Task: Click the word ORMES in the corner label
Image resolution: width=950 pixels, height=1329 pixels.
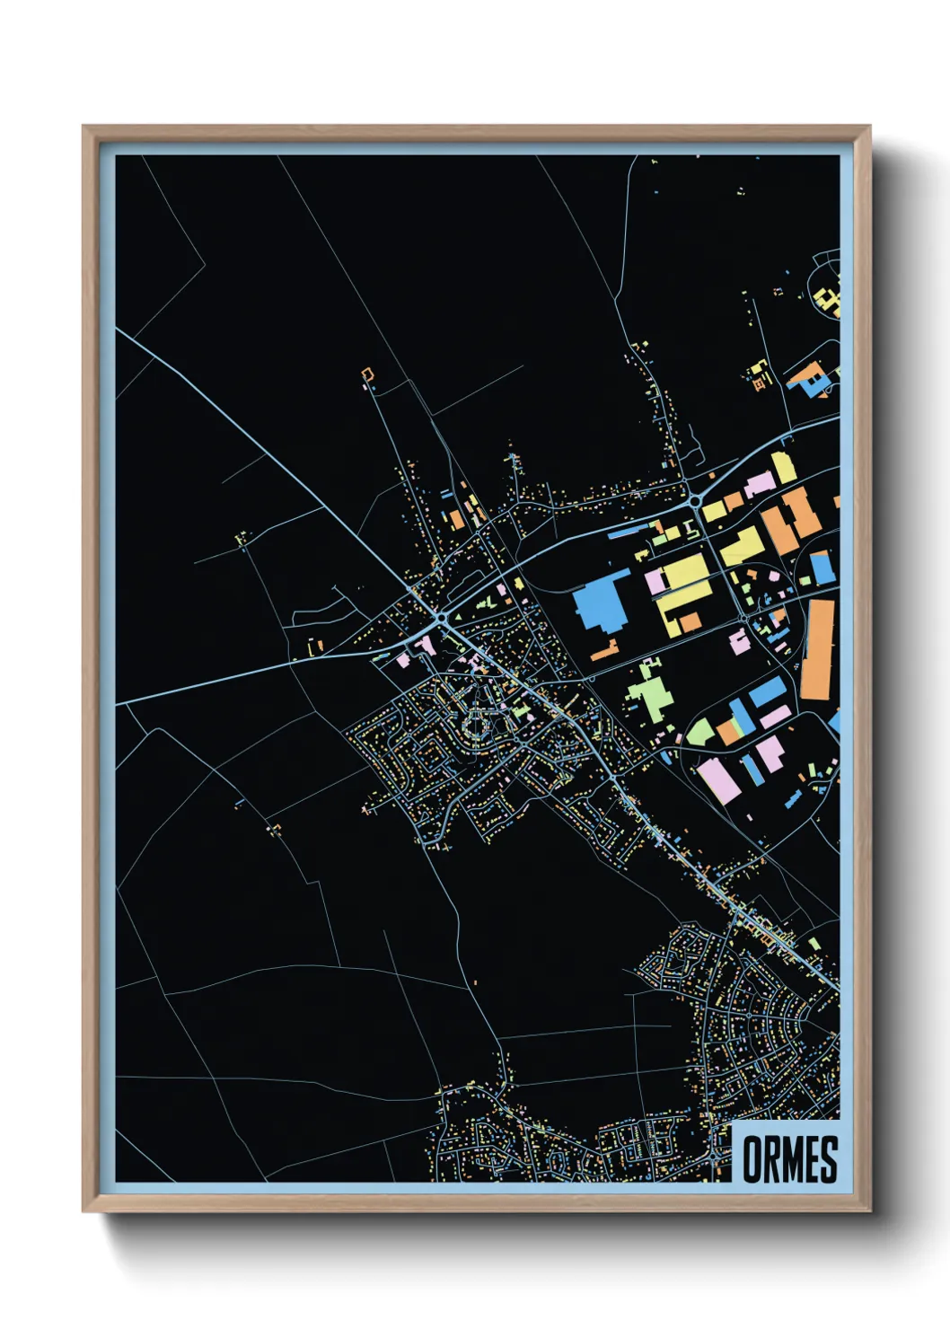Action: click(x=789, y=1158)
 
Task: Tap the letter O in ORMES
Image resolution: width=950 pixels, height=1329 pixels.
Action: click(x=752, y=1158)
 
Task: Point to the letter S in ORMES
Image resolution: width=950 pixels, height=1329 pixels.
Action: click(x=828, y=1158)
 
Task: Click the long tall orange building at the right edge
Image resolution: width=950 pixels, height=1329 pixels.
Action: click(x=817, y=648)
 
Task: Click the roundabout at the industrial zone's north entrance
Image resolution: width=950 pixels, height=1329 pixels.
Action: click(x=694, y=500)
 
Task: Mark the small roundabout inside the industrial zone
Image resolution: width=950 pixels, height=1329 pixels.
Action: click(x=746, y=619)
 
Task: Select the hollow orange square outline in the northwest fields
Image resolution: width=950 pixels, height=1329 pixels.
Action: click(x=367, y=374)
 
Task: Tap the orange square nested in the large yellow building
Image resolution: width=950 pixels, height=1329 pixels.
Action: click(x=690, y=621)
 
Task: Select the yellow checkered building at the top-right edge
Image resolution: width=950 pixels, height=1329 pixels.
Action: click(x=829, y=300)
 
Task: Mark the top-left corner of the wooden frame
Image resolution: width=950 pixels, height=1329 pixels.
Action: click(x=84, y=128)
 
